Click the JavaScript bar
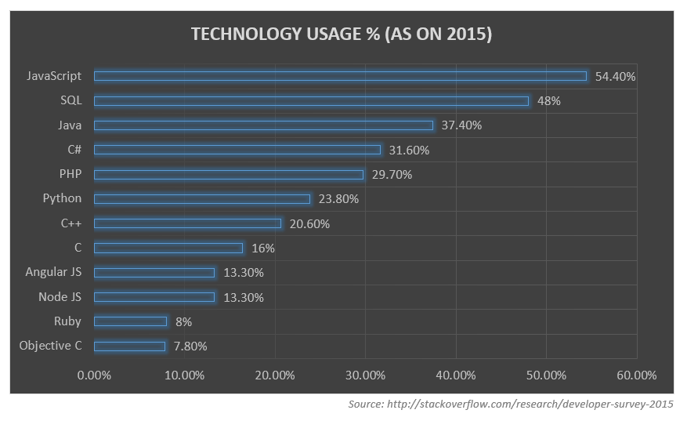pyautogui.click(x=340, y=76)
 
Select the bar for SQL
pyautogui.click(x=311, y=100)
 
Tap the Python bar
pyautogui.click(x=202, y=198)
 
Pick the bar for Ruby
pyautogui.click(x=130, y=321)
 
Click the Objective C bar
pyautogui.click(x=129, y=346)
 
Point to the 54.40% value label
pyautogui.click(x=615, y=77)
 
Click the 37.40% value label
pyautogui.click(x=461, y=125)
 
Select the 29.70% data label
pyautogui.click(x=392, y=174)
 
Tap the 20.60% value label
pyautogui.click(x=309, y=223)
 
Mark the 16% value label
pyautogui.click(x=262, y=248)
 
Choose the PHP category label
pyautogui.click(x=69, y=174)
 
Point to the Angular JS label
pyautogui.click(x=53, y=272)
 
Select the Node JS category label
pyautogui.click(x=60, y=297)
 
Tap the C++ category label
pyautogui.click(x=71, y=223)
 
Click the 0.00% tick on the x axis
pyautogui.click(x=95, y=375)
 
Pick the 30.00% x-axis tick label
pyautogui.click(x=365, y=375)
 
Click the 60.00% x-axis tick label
pyautogui.click(x=636, y=375)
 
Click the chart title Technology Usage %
pyautogui.click(x=342, y=34)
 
